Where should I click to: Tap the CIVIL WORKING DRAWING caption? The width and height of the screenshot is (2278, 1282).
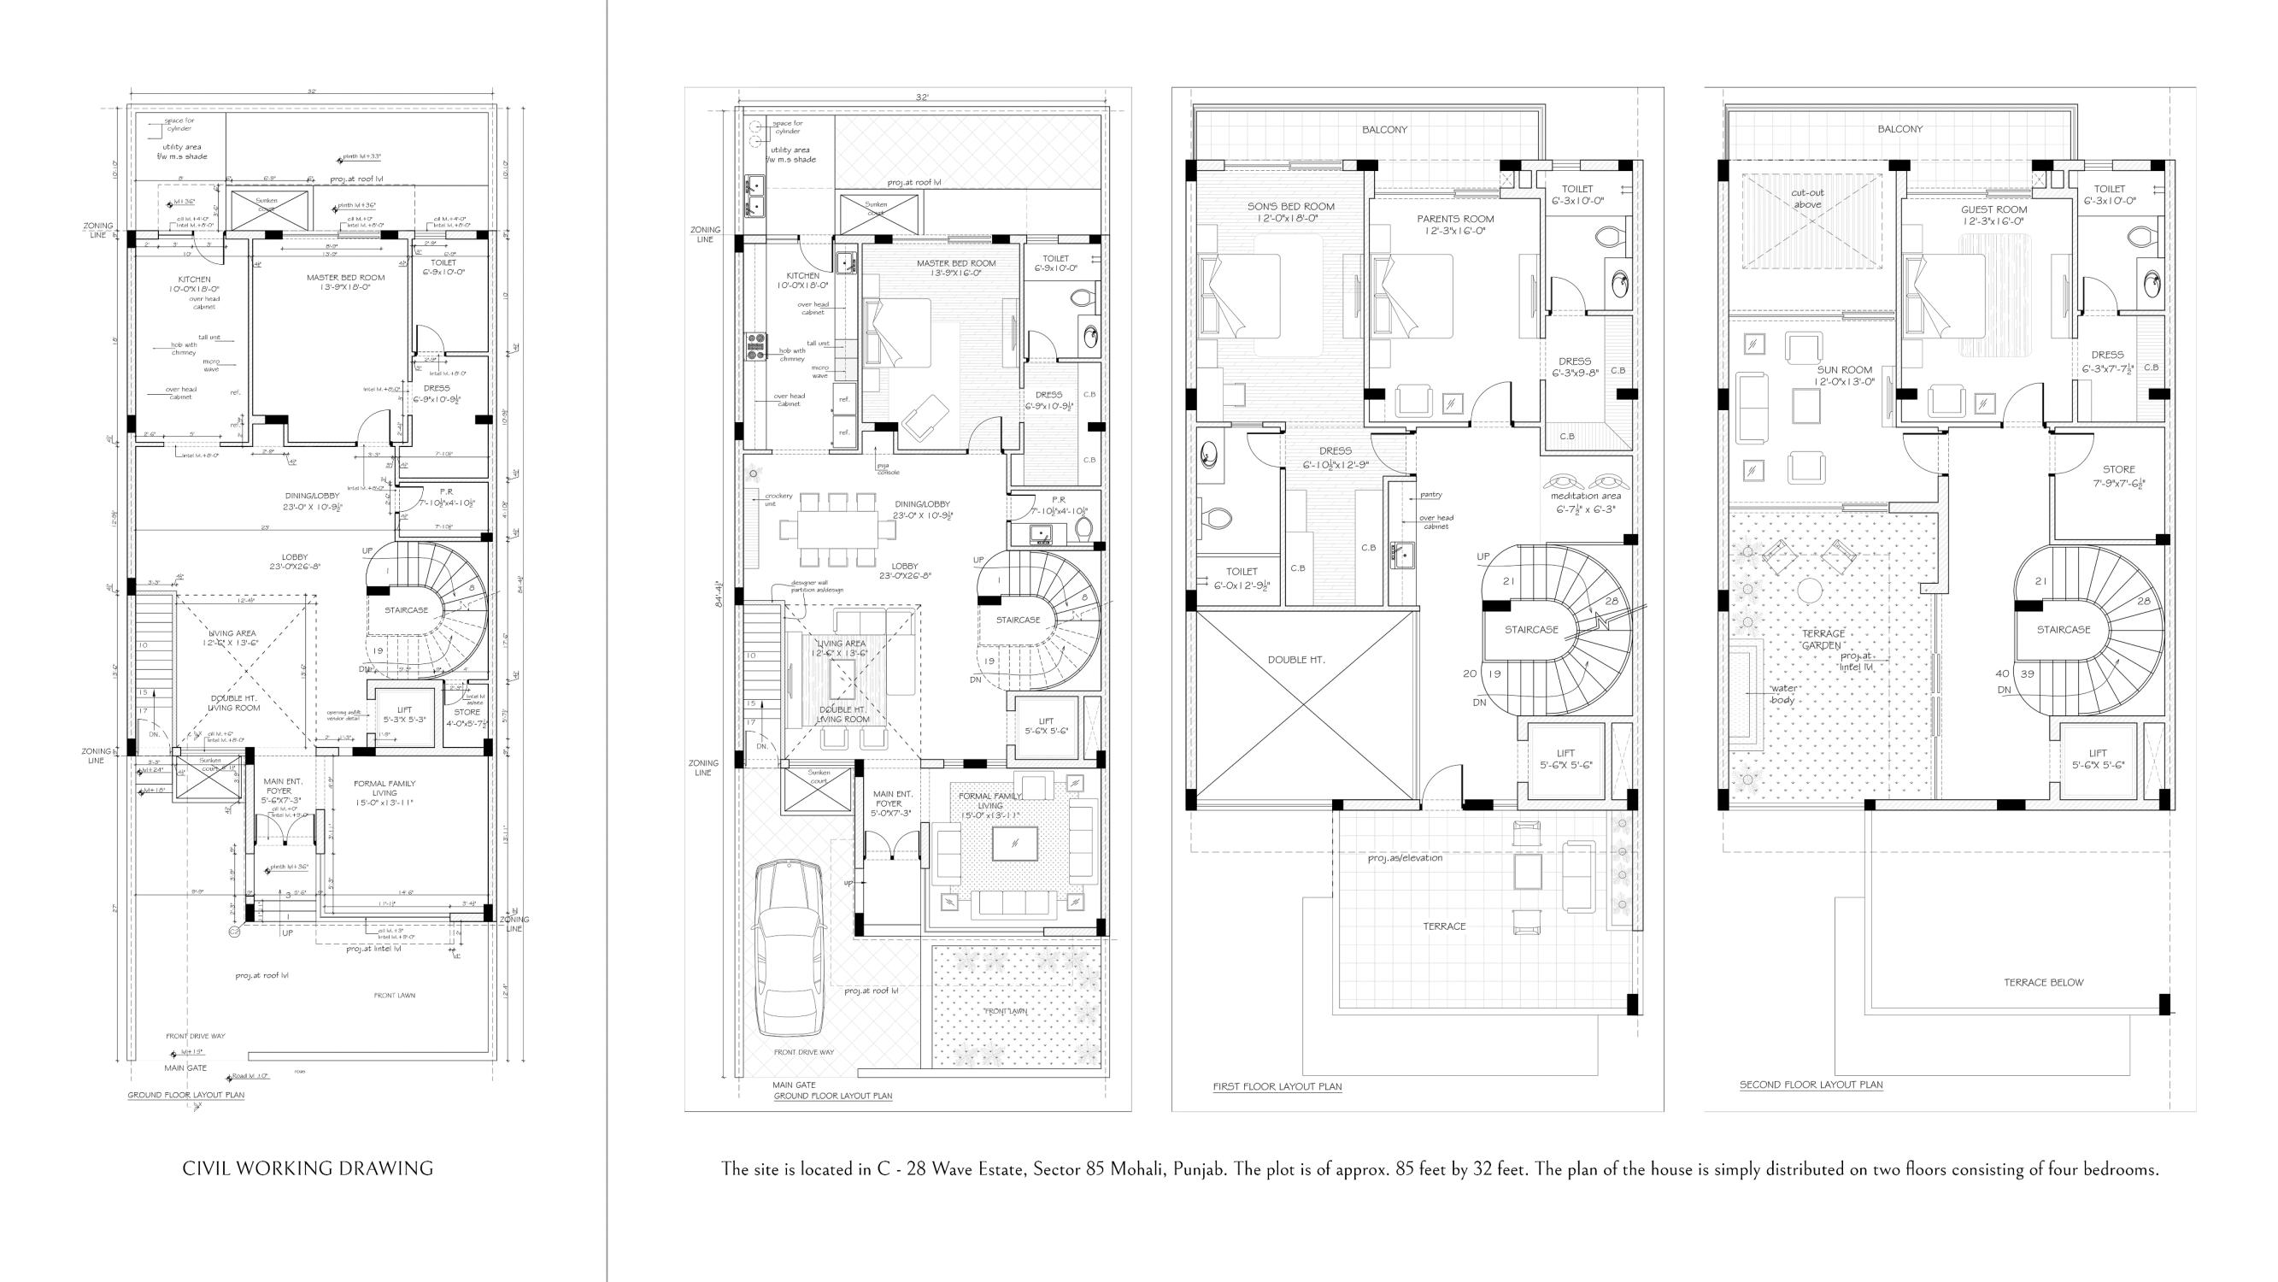point(308,1168)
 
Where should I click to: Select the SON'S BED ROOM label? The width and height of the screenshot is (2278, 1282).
point(1290,207)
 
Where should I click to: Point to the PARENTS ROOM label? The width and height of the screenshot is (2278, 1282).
point(1454,220)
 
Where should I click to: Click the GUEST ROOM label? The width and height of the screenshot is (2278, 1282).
point(1993,210)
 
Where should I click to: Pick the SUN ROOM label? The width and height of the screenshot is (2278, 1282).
point(1844,371)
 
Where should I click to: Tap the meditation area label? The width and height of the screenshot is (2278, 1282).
point(1586,497)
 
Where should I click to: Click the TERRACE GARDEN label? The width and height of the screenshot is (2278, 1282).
point(1823,639)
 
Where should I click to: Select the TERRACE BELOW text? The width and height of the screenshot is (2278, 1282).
point(2043,982)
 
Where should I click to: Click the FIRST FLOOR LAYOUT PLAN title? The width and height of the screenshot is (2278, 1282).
point(1277,1086)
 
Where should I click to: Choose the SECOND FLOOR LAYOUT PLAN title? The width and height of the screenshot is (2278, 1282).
point(1811,1085)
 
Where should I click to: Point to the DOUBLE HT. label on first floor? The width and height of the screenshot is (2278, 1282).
point(1295,660)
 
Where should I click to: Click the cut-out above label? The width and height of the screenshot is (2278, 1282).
point(1806,199)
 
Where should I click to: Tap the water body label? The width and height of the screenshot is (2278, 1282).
point(1782,695)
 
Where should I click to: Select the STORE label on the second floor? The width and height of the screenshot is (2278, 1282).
point(2118,470)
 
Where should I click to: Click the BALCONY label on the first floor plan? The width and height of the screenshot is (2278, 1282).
point(1384,130)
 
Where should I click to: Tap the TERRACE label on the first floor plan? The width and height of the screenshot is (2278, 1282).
point(1444,926)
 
